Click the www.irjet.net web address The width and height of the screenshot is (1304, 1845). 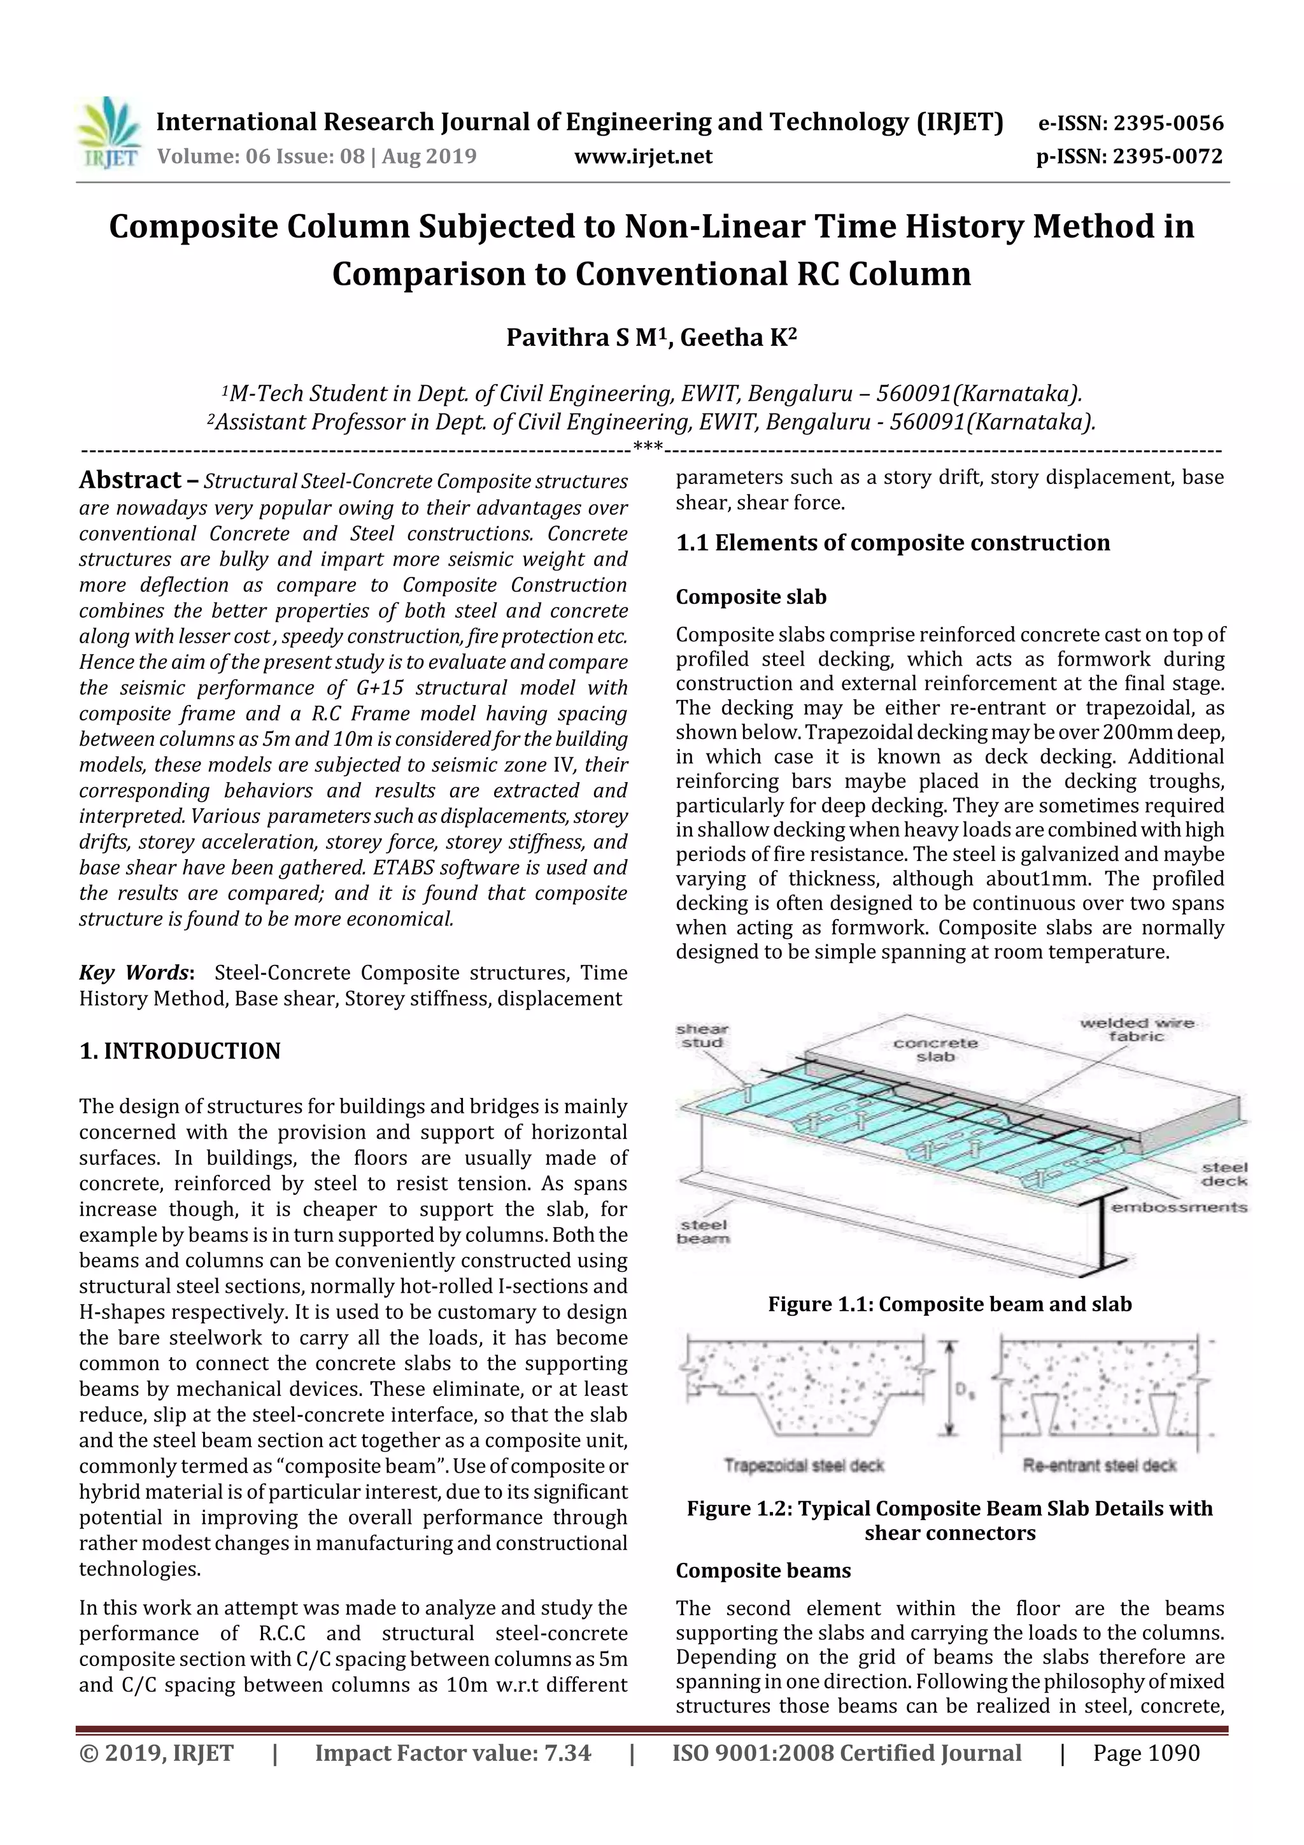[642, 156]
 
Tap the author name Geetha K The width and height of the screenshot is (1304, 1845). [737, 338]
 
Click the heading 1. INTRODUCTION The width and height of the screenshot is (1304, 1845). [180, 1051]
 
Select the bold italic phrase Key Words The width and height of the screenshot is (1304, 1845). [133, 972]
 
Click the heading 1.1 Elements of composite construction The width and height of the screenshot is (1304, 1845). [893, 543]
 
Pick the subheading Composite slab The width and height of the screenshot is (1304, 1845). [751, 597]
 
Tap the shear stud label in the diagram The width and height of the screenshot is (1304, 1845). [702, 1036]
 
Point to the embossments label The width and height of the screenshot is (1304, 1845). [1179, 1207]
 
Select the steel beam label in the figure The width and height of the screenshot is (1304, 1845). [703, 1231]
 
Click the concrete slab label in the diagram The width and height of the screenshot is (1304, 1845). [935, 1050]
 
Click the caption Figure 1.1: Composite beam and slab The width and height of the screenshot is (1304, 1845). [950, 1304]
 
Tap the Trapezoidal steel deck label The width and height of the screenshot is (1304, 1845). [804, 1465]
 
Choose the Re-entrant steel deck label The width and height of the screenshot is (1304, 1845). [1099, 1465]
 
